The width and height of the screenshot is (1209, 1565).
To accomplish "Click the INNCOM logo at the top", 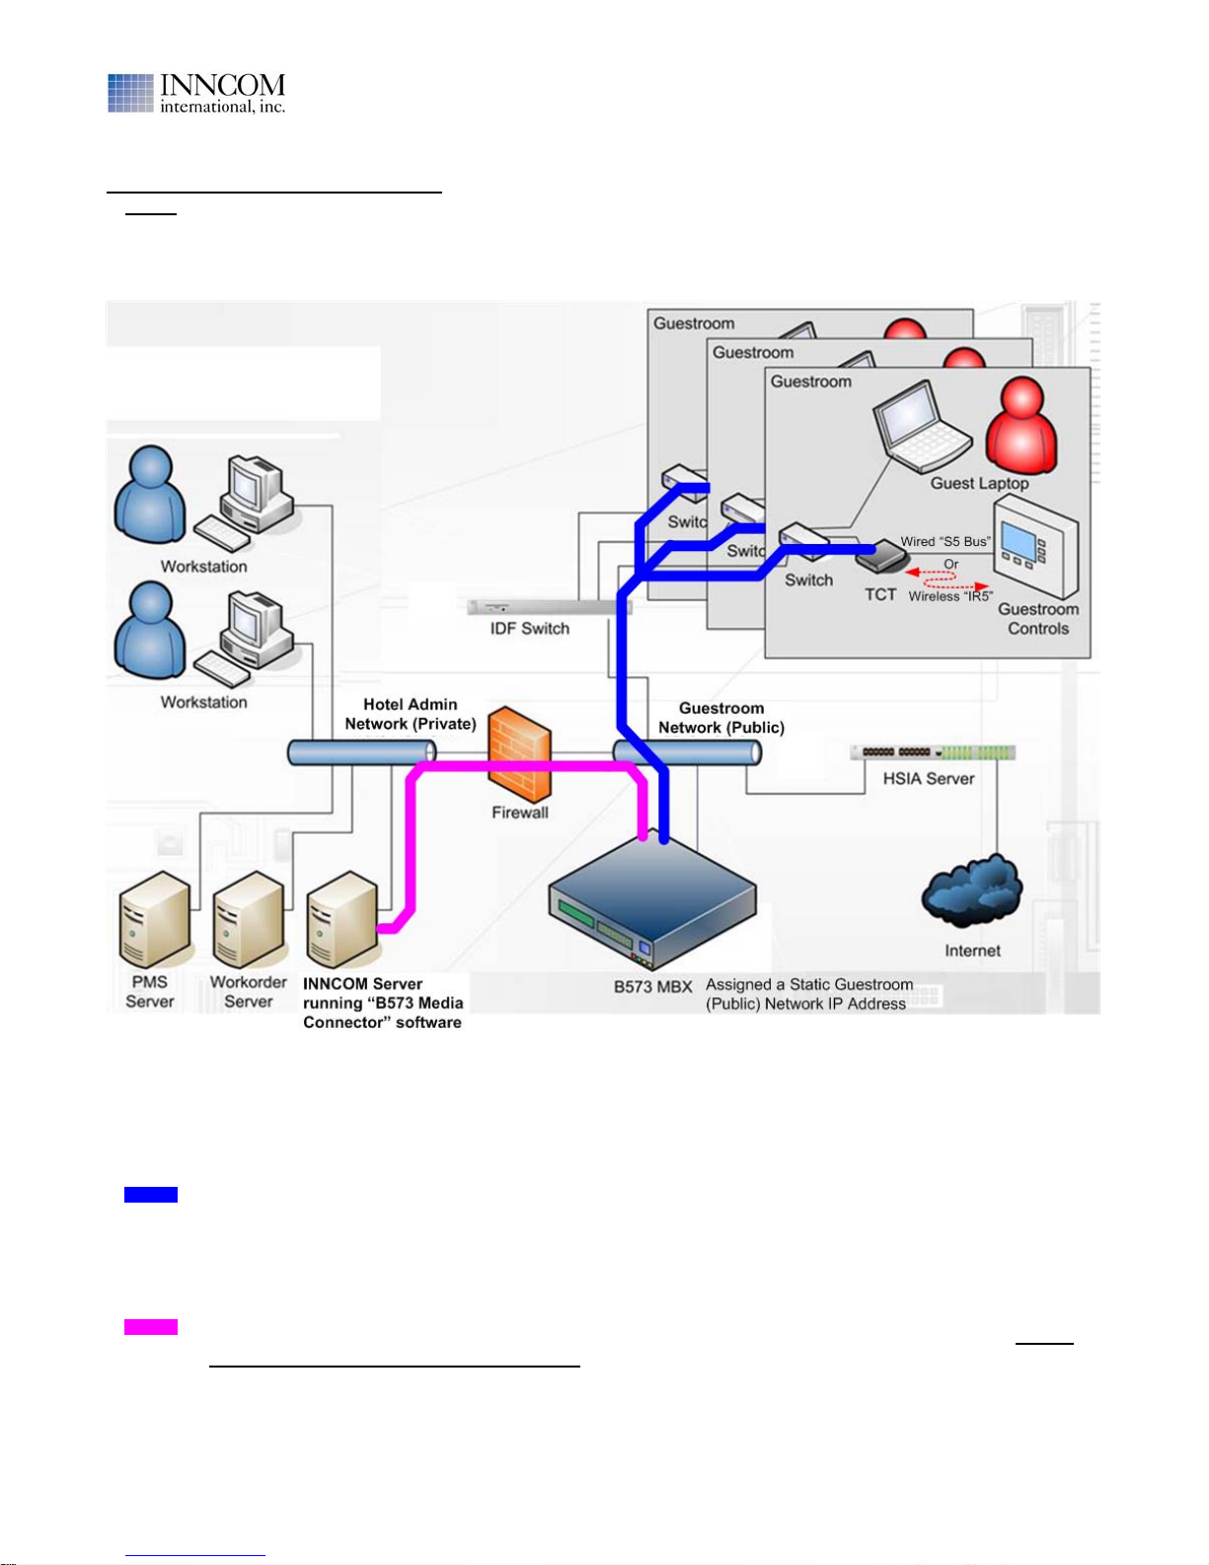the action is (196, 93).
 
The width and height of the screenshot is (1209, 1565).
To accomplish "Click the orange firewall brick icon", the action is (519, 754).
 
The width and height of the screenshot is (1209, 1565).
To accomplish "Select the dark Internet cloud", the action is (972, 891).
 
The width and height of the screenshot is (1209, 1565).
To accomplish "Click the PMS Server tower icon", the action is (156, 919).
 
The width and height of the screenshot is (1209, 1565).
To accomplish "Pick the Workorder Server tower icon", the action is (249, 919).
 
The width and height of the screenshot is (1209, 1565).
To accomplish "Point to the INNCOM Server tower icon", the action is (342, 919).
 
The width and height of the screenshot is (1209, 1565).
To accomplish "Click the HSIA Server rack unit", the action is (933, 752).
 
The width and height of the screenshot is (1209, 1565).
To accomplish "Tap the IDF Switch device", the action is (549, 607).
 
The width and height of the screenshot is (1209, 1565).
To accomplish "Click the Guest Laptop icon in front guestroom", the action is (921, 428).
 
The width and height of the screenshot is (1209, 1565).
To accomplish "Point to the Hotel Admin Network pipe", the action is (362, 752).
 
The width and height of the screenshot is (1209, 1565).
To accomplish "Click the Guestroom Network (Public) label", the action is (721, 718).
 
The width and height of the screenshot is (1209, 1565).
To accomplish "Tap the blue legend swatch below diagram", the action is (151, 1195).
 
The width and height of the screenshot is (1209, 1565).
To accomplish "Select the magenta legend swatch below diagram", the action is (151, 1327).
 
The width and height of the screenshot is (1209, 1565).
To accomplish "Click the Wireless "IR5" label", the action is (950, 596).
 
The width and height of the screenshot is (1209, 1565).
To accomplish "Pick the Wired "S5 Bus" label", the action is (945, 542).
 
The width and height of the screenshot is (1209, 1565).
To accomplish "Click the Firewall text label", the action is (519, 813).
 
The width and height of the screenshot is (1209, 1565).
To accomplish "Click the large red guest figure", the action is (1022, 425).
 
